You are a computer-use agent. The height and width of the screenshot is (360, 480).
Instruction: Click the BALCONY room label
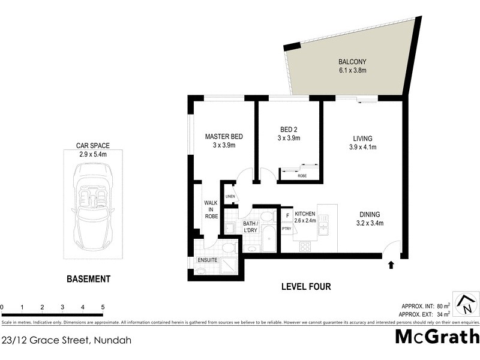(352, 66)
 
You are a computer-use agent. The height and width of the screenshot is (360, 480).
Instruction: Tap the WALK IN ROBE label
(211, 209)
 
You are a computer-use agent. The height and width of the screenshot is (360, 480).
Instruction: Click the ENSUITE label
(207, 260)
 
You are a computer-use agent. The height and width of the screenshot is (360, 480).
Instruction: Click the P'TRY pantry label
(287, 228)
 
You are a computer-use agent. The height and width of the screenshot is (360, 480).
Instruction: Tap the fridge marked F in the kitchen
(287, 215)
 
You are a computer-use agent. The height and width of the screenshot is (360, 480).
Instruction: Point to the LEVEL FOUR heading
(306, 286)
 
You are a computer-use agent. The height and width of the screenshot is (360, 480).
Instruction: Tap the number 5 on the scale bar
(103, 307)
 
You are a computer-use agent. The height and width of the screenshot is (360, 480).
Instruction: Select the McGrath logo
(437, 337)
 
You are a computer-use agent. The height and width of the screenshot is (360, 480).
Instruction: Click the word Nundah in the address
(111, 340)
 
